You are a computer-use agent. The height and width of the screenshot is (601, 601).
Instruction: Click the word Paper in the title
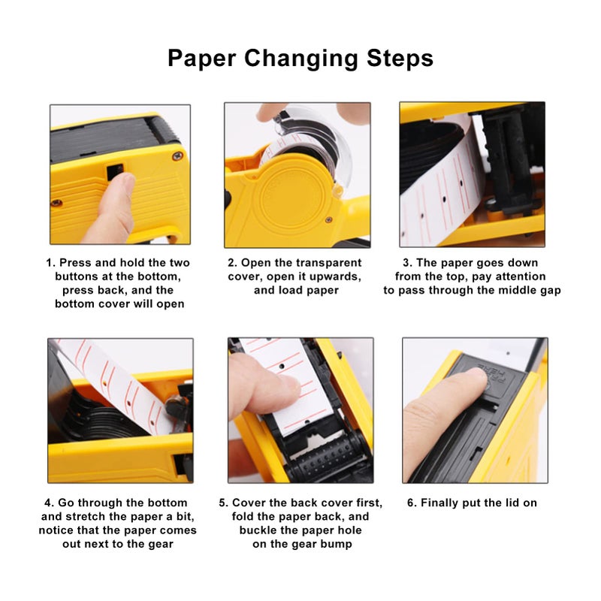pyautogui.click(x=202, y=58)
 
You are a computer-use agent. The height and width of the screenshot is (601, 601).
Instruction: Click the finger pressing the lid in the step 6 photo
pyautogui.click(x=443, y=398)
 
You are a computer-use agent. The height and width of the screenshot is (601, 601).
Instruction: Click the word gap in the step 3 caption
pyautogui.click(x=549, y=290)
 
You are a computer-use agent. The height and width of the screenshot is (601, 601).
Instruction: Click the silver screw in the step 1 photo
pyautogui.click(x=177, y=156)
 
